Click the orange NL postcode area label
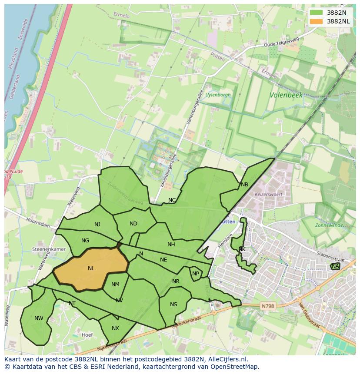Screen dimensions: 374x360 pyautogui.click(x=91, y=268)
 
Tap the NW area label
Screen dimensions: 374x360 pyautogui.click(x=39, y=318)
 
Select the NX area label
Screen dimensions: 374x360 pyautogui.click(x=115, y=328)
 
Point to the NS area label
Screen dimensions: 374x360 pyautogui.click(x=173, y=304)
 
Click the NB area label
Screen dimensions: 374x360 pyautogui.click(x=244, y=185)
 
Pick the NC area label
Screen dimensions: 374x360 pyautogui.click(x=172, y=200)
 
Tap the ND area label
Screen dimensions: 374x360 pyautogui.click(x=133, y=224)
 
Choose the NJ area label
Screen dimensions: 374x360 pyautogui.click(x=97, y=225)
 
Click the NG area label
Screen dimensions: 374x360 pyautogui.click(x=85, y=241)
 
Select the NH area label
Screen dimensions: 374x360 pyautogui.click(x=171, y=245)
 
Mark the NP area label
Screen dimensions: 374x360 pyautogui.click(x=196, y=274)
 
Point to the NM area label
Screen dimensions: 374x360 pyautogui.click(x=115, y=285)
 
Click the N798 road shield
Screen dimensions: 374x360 pyautogui.click(x=268, y=306)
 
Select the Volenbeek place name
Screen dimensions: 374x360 pyautogui.click(x=286, y=95)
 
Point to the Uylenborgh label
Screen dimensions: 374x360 pyautogui.click(x=218, y=95)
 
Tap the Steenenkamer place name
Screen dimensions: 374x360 pyautogui.click(x=49, y=249)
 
